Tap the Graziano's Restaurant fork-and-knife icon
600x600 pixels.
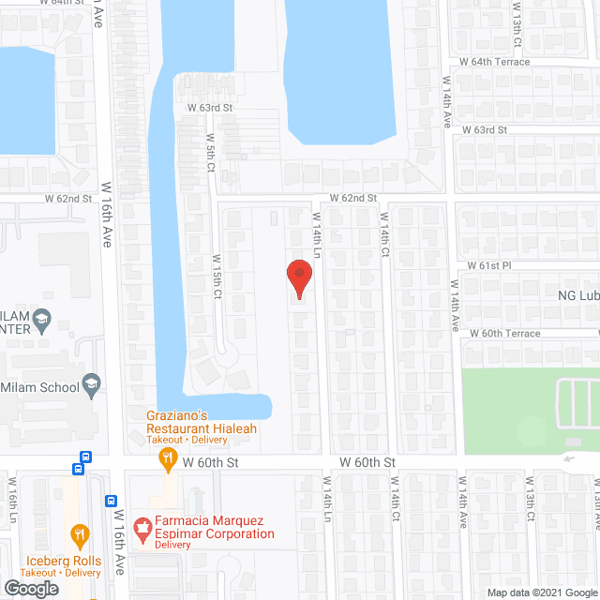tap(168, 459)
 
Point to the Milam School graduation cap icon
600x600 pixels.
tap(91, 382)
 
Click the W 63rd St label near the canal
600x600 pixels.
tap(209, 108)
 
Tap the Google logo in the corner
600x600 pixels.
tap(30, 588)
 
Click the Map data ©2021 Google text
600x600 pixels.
tap(543, 592)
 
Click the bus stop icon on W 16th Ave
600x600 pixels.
tap(111, 502)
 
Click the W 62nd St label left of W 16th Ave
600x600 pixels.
tap(68, 199)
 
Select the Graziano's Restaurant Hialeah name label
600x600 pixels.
tap(201, 423)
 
